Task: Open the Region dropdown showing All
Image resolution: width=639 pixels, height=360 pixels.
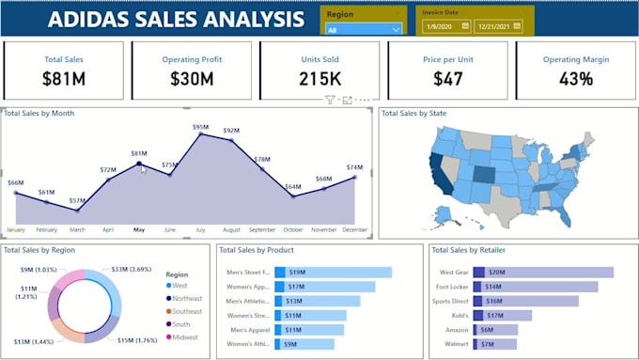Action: tap(363, 29)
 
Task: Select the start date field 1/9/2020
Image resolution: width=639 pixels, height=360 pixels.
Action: tap(441, 27)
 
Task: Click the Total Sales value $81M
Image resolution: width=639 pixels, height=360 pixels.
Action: tap(64, 79)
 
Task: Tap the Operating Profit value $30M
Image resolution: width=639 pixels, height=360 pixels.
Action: tap(191, 79)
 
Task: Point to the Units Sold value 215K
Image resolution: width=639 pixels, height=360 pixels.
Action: tap(319, 79)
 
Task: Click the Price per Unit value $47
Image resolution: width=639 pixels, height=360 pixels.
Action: tap(448, 79)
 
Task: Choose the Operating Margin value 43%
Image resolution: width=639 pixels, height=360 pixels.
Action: tap(575, 79)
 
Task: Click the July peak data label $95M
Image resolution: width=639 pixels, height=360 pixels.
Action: tap(200, 127)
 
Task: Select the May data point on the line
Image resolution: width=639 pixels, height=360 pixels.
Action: tap(139, 164)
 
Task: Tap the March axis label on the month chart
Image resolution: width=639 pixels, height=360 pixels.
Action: tap(77, 229)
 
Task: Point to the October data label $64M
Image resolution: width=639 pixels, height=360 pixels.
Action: tap(293, 186)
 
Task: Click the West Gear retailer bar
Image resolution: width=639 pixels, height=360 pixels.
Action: tap(543, 272)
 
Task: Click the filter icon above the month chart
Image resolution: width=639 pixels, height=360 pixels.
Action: tap(330, 100)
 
